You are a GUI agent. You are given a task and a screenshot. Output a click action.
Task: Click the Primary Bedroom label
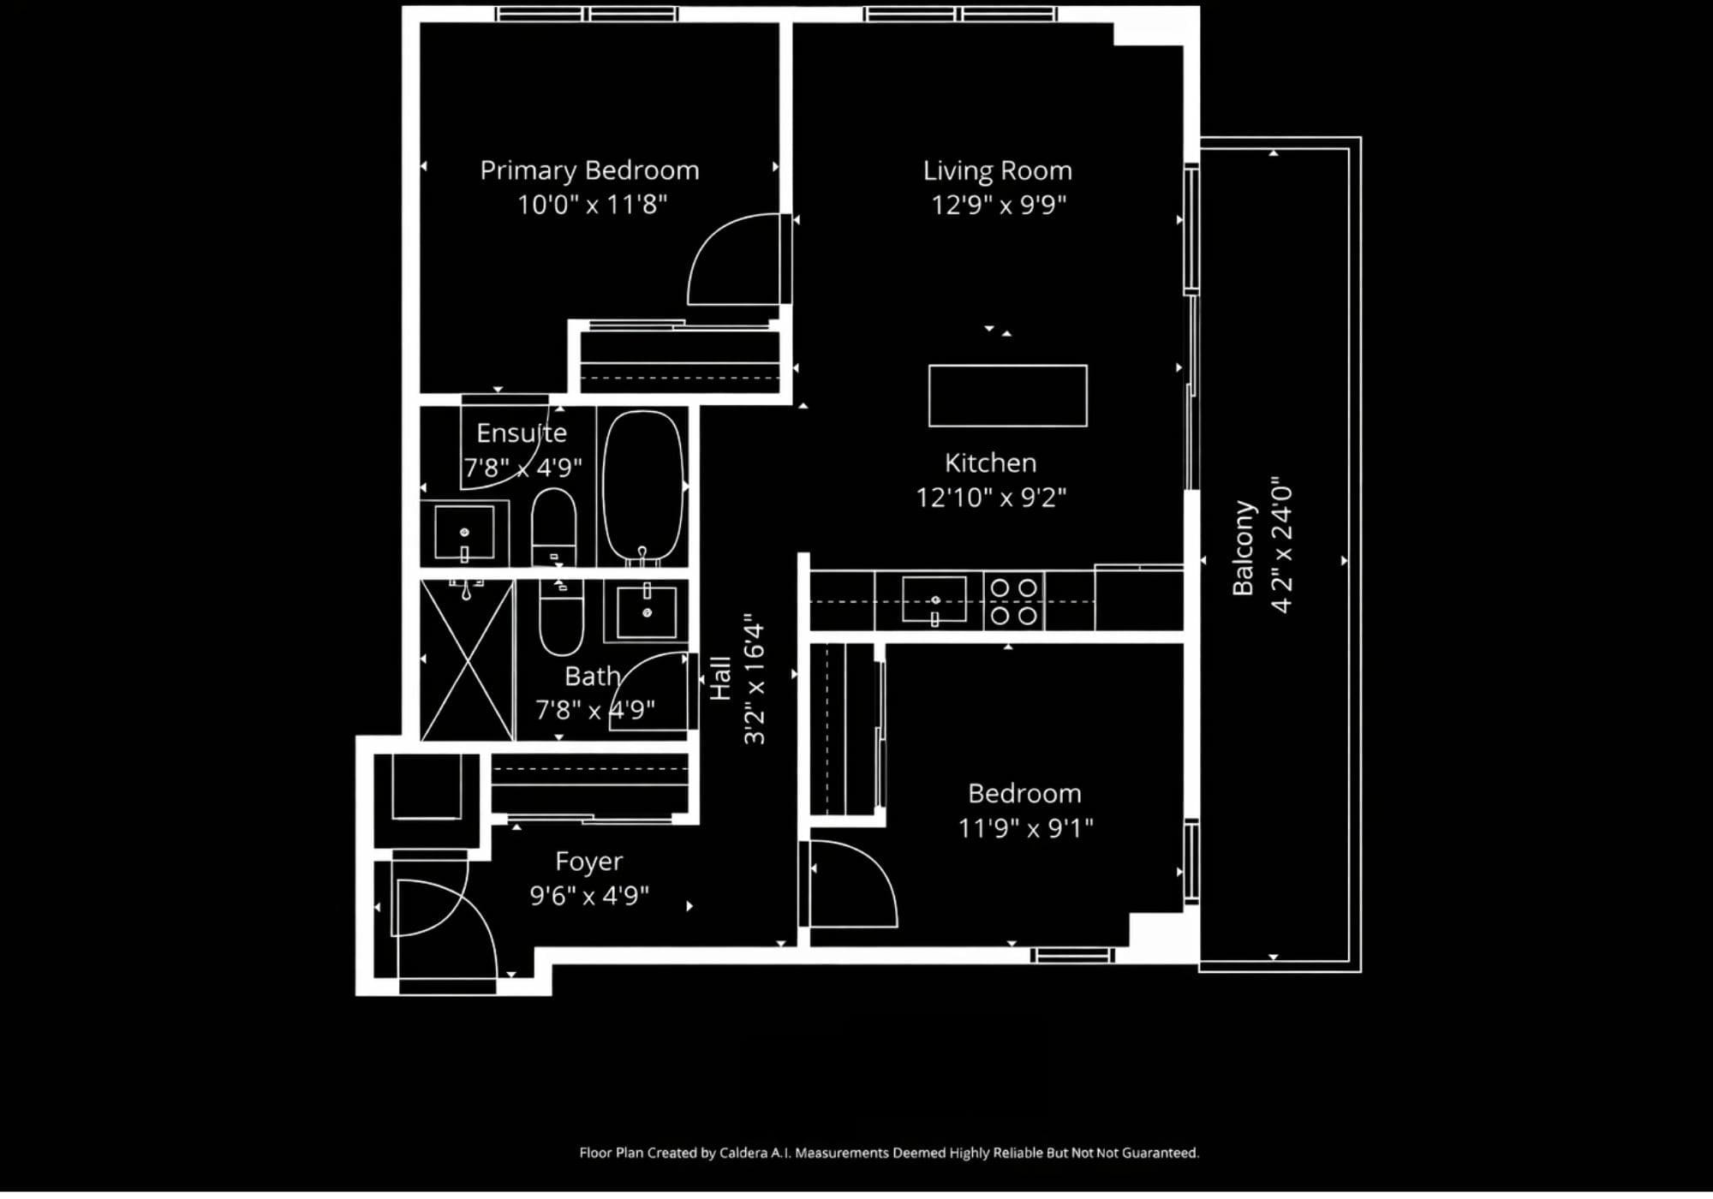pyautogui.click(x=589, y=170)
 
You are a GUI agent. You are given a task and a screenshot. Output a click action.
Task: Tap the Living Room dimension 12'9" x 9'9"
pyautogui.click(x=999, y=205)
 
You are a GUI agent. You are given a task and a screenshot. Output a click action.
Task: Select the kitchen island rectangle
pyautogui.click(x=1008, y=396)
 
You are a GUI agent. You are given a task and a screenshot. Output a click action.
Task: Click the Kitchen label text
pyautogui.click(x=990, y=463)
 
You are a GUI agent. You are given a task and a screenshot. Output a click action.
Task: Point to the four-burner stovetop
pyautogui.click(x=1014, y=601)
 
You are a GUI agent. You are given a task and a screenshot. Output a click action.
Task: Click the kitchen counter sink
pyautogui.click(x=934, y=599)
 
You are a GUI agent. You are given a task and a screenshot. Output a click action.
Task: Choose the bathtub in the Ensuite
pyautogui.click(x=644, y=487)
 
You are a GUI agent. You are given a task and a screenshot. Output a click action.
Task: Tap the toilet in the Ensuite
pyautogui.click(x=554, y=527)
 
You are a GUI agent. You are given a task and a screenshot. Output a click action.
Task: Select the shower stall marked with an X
pyautogui.click(x=467, y=659)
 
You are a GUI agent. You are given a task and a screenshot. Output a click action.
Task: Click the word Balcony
pyautogui.click(x=1243, y=548)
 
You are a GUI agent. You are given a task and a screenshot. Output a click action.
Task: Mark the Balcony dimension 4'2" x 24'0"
pyautogui.click(x=1281, y=545)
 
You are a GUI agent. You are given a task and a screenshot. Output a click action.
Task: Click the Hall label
pyautogui.click(x=721, y=678)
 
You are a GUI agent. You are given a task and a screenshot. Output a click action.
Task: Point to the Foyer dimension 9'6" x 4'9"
pyautogui.click(x=589, y=896)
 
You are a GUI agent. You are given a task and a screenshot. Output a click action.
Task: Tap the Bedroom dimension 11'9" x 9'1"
pyautogui.click(x=1025, y=828)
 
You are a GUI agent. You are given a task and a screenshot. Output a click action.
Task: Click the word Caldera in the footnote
pyautogui.click(x=743, y=1153)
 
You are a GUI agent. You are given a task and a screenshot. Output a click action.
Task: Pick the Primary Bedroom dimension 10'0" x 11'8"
pyautogui.click(x=592, y=205)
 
